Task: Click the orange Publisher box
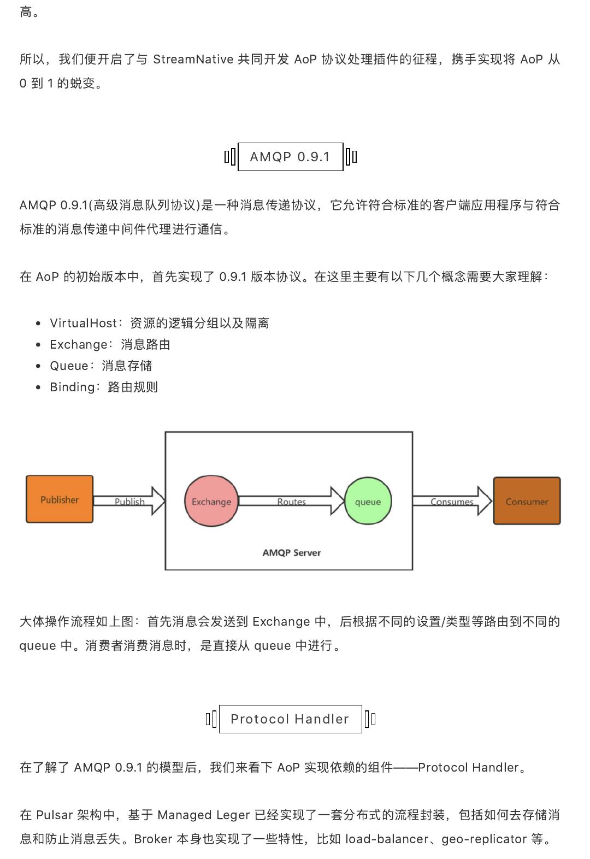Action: [x=60, y=499]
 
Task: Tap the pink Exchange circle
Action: [x=211, y=501]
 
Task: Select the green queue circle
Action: [x=368, y=501]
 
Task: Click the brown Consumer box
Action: [x=527, y=501]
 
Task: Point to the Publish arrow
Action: [x=129, y=501]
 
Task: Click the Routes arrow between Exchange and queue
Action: [x=291, y=501]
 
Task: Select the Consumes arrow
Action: [x=452, y=501]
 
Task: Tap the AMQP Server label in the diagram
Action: [x=291, y=552]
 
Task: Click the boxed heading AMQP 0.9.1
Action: [x=290, y=156]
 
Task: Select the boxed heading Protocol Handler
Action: [x=290, y=719]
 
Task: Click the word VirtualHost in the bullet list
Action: [x=83, y=323]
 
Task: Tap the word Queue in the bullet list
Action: [x=69, y=366]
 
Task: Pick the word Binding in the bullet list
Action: [x=72, y=387]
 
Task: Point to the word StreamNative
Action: [x=193, y=60]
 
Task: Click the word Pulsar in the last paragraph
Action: [x=55, y=815]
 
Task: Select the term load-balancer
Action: [x=387, y=839]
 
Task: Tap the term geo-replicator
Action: [x=484, y=839]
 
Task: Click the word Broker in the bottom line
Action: [x=153, y=839]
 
